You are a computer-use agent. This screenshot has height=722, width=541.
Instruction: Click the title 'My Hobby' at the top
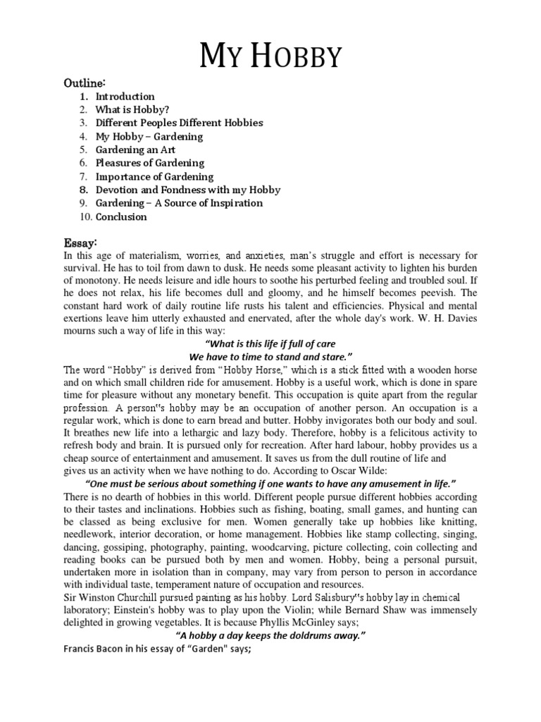pyautogui.click(x=271, y=55)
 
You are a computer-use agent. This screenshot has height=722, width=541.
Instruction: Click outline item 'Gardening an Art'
pyautogui.click(x=135, y=149)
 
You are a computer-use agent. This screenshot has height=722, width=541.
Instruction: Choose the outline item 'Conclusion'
pyautogui.click(x=121, y=216)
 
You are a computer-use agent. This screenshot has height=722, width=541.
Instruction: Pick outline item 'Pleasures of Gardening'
pyautogui.click(x=149, y=163)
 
